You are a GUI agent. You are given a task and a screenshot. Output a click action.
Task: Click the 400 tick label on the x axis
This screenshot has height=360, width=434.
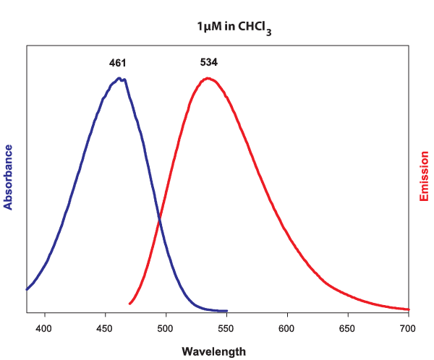click(x=45, y=327)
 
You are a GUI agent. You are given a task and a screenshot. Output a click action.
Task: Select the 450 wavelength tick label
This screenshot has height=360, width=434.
click(x=106, y=327)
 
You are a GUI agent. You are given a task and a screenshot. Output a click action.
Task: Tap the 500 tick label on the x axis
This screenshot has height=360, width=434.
click(x=166, y=327)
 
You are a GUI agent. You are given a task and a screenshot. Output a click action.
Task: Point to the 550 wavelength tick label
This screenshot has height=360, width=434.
click(x=227, y=327)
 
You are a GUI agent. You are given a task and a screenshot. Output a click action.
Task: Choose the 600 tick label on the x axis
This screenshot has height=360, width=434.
click(x=288, y=327)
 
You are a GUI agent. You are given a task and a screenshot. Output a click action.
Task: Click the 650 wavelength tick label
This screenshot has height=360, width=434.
click(x=349, y=327)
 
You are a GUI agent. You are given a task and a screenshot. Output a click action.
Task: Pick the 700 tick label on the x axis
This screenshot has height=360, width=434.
click(x=409, y=327)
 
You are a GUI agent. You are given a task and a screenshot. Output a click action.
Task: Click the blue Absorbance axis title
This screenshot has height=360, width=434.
click(x=9, y=177)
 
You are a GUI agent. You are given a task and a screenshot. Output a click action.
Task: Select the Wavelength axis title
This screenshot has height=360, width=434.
click(x=213, y=351)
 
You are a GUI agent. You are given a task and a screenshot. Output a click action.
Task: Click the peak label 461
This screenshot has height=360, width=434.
click(x=118, y=63)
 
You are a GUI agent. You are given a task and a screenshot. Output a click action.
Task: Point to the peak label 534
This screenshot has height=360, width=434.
click(x=209, y=62)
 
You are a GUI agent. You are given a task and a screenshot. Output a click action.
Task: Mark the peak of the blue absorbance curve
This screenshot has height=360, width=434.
click(x=119, y=78)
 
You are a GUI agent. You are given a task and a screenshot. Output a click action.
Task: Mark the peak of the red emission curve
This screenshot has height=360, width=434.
click(x=208, y=78)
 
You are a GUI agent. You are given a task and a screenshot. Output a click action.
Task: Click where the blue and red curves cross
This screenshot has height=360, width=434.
click(x=158, y=217)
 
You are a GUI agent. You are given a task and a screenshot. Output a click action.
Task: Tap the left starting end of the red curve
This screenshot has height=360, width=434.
click(x=129, y=304)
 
